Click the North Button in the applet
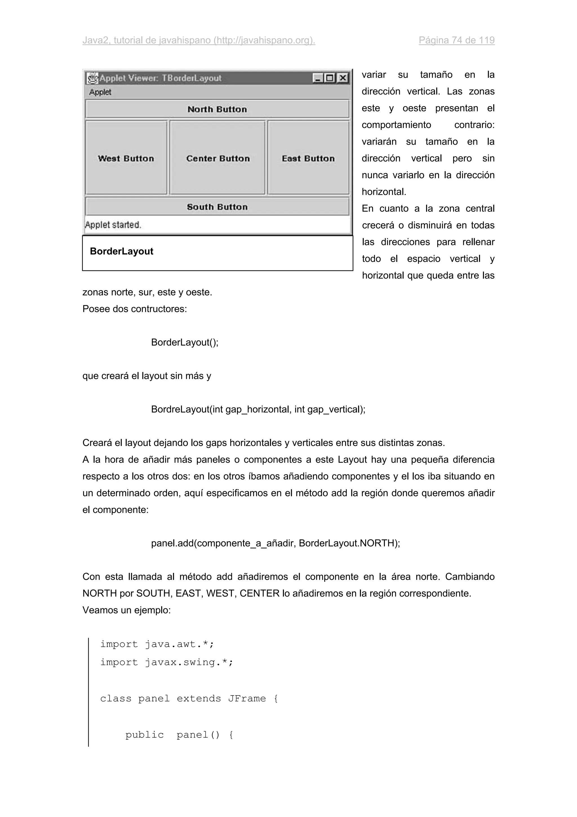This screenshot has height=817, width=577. tap(217, 109)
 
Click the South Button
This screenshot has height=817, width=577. tap(217, 207)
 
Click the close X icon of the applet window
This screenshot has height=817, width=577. tap(342, 78)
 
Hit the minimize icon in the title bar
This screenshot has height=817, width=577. tap(318, 78)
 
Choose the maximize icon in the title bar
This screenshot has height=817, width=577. tap(330, 78)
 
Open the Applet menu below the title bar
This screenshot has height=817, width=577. tap(100, 92)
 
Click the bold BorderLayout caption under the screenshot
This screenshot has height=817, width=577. tap(122, 251)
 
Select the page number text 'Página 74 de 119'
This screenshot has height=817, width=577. tap(456, 40)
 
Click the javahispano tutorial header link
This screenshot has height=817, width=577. tap(199, 40)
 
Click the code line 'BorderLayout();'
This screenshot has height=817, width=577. tap(185, 342)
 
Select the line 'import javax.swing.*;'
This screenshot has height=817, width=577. tap(167, 662)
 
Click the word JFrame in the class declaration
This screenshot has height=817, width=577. tap(247, 699)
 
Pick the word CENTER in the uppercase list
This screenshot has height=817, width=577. tap(259, 593)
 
